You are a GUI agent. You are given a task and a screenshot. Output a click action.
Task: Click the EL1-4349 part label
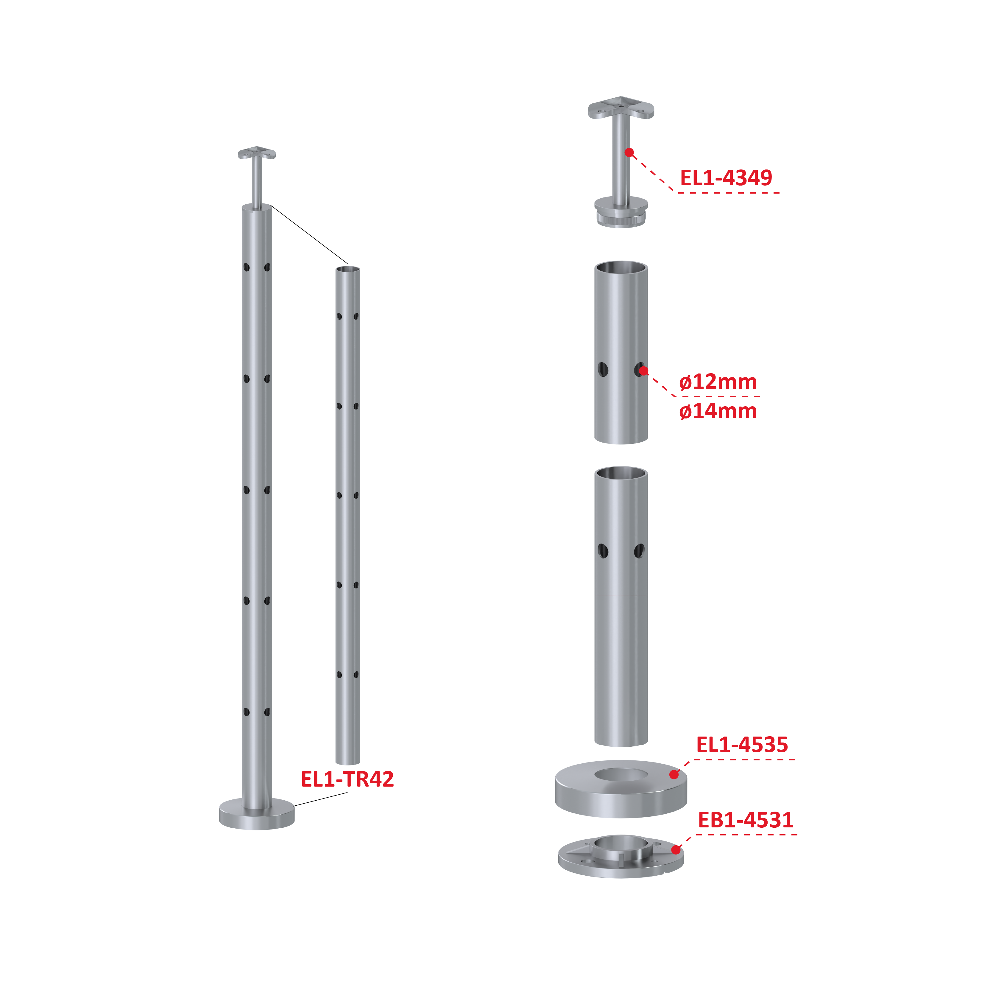(x=726, y=178)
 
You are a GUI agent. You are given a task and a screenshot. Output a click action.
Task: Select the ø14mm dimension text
(x=718, y=411)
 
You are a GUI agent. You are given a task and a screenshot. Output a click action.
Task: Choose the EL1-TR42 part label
(x=347, y=779)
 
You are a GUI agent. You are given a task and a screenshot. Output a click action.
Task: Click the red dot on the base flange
(x=676, y=849)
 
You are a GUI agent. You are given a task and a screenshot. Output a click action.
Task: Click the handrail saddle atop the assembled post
(x=257, y=153)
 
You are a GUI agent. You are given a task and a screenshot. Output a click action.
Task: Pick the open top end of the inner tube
(x=348, y=269)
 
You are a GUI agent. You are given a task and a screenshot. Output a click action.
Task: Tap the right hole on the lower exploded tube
(x=639, y=551)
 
